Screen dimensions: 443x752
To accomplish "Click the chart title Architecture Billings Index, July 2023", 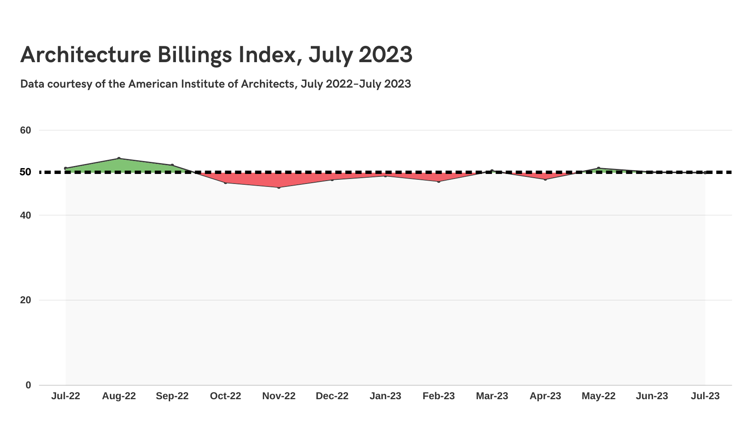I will [216, 55].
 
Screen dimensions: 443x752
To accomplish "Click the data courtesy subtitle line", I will [216, 84].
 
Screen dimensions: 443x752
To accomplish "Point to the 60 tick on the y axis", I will [25, 130].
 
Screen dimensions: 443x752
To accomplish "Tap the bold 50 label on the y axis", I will [25, 172].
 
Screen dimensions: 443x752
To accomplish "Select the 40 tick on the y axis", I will [25, 215].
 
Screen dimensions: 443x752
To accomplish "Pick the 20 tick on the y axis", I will [25, 300].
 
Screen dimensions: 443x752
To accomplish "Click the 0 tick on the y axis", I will [28, 385].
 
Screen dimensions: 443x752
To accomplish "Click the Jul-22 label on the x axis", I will [66, 396].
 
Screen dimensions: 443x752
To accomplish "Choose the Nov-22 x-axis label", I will [279, 396].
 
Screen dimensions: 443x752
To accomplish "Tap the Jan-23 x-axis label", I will [385, 396].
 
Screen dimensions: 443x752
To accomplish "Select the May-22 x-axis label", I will [598, 396].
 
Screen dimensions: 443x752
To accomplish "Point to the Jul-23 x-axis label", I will [705, 396].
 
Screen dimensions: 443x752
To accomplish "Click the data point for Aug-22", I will [119, 159].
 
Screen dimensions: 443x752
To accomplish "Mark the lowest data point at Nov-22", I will [279, 187].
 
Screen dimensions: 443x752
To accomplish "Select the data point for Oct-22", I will [226, 183].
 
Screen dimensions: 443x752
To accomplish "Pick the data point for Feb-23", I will [439, 181].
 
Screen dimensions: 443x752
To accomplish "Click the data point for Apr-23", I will [545, 179].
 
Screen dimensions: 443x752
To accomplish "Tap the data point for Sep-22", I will [172, 165].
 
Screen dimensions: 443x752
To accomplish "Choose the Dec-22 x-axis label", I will [332, 396].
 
